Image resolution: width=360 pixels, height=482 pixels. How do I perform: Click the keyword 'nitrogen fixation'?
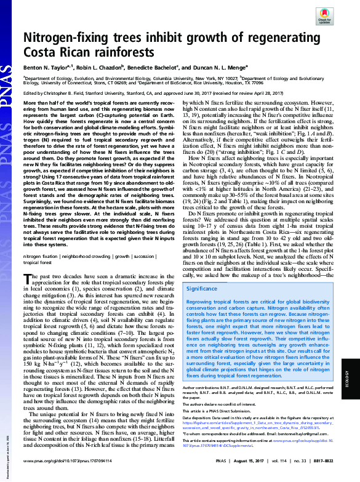[40, 255]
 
